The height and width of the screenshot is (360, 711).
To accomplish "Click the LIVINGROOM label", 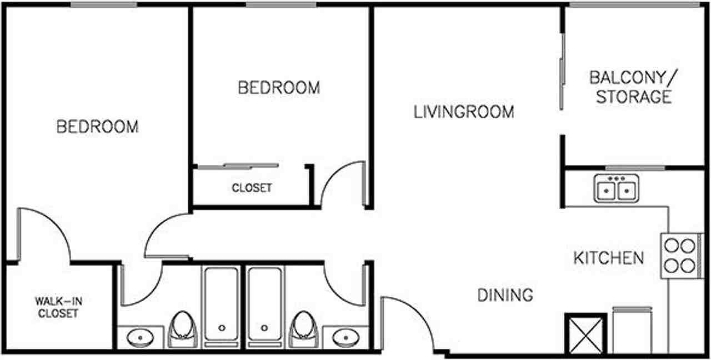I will (x=464, y=112).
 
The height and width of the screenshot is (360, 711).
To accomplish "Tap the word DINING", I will (x=505, y=294).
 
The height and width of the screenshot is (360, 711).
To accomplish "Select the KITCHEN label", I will (x=608, y=258).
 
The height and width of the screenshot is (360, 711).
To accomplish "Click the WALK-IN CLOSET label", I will (x=57, y=307).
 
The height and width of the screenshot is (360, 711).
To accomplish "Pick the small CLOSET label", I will (x=252, y=188).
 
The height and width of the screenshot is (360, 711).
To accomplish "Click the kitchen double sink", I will (x=616, y=188).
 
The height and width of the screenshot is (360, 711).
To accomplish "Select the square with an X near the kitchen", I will (x=585, y=333).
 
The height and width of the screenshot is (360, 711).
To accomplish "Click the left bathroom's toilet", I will (x=183, y=327).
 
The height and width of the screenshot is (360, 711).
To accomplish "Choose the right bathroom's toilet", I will (x=303, y=327).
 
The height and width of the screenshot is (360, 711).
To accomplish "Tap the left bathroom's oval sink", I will (x=140, y=336).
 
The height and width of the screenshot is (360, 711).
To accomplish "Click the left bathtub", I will (x=222, y=306).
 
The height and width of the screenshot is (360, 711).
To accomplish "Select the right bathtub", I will (x=264, y=306).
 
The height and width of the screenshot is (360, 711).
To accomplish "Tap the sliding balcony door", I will (x=562, y=72).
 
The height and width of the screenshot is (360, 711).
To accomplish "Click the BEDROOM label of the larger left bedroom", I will (x=97, y=127).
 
